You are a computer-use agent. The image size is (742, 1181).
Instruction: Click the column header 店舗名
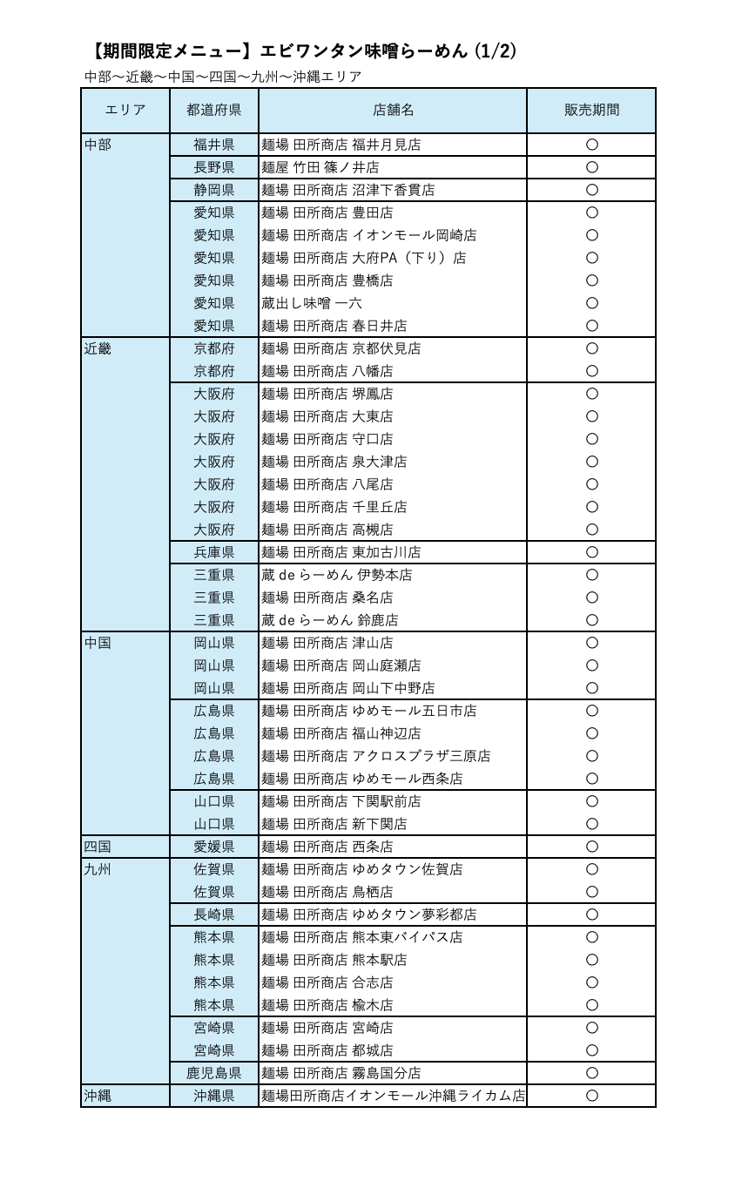click(393, 111)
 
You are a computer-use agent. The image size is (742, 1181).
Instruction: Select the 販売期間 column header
click(591, 111)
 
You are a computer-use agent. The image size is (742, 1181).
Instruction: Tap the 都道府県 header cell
click(214, 111)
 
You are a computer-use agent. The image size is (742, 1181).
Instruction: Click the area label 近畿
click(98, 349)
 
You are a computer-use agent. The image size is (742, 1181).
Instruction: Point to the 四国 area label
click(98, 847)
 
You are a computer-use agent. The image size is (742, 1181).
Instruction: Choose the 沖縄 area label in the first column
click(98, 1096)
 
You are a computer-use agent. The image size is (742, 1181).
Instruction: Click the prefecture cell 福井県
click(214, 145)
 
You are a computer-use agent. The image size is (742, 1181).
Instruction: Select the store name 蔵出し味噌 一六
click(312, 303)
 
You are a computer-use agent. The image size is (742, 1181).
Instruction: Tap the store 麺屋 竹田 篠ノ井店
click(320, 167)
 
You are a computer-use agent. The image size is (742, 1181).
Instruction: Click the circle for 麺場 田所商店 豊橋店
click(592, 280)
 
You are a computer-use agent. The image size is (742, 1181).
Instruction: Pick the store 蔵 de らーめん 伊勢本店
click(337, 575)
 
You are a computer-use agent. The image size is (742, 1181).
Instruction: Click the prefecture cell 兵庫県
click(214, 552)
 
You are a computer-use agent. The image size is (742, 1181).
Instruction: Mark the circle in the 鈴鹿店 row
click(592, 620)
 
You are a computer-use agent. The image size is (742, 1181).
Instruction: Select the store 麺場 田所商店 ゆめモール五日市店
click(369, 711)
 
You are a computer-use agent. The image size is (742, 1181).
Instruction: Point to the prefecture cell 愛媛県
click(214, 847)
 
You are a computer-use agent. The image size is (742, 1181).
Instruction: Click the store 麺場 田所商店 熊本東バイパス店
click(362, 937)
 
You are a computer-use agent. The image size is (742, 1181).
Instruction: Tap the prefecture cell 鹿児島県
click(214, 1073)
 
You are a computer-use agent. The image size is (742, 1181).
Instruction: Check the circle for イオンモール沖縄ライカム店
click(592, 1096)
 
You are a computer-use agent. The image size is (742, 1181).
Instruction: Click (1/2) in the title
click(496, 51)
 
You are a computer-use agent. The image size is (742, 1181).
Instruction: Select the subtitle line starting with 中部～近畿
click(223, 77)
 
